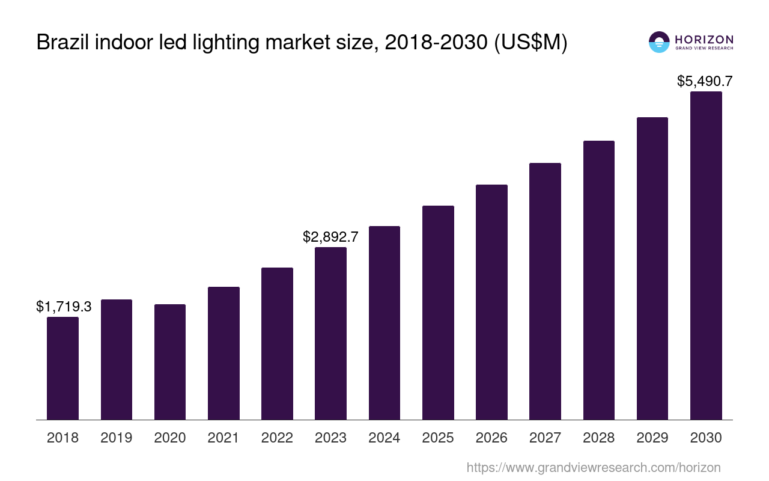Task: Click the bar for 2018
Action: (62, 368)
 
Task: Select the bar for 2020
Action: (170, 362)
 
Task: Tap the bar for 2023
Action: (330, 333)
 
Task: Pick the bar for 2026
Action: (491, 302)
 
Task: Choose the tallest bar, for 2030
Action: (706, 256)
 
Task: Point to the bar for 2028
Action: (598, 280)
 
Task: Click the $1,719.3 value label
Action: (64, 307)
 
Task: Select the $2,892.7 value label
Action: (330, 237)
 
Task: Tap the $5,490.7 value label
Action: (705, 81)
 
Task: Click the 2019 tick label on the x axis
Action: (117, 438)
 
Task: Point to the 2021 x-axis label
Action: (223, 438)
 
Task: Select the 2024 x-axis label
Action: (384, 438)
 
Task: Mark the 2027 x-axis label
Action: (545, 438)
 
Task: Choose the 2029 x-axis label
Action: (652, 438)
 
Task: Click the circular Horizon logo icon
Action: (659, 42)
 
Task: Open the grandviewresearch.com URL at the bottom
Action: (594, 467)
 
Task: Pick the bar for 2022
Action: (277, 343)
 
